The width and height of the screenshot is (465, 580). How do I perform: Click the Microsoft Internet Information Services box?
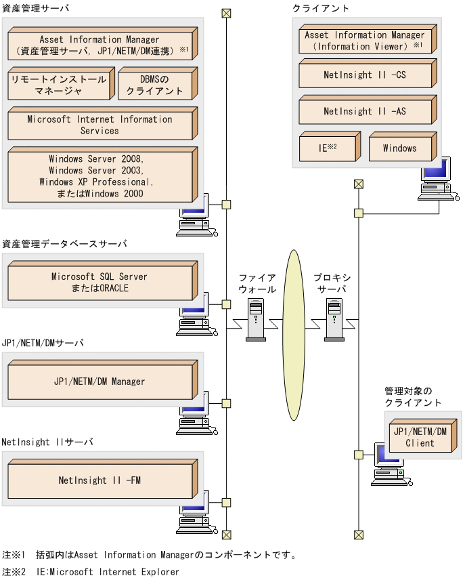pos(99,125)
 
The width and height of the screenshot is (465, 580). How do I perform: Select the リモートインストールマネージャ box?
pos(59,85)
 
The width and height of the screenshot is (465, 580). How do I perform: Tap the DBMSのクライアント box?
pos(156,85)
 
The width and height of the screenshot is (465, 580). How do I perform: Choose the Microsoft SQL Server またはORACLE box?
pos(99,283)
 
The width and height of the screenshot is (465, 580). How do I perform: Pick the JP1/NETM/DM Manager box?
pos(99,382)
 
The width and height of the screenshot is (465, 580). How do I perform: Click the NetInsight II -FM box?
pos(99,481)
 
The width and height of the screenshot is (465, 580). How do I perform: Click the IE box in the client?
pos(327,148)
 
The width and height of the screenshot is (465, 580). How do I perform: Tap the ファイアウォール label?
pos(257,283)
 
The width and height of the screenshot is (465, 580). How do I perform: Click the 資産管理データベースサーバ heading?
pos(64,243)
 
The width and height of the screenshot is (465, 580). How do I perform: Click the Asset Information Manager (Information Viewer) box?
pos(365,40)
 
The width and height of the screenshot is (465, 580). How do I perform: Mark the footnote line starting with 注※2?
pos(91,572)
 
